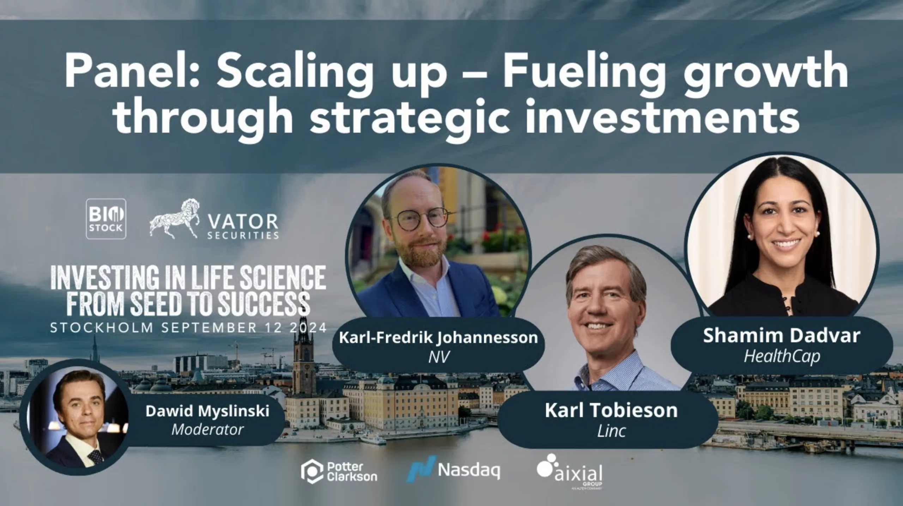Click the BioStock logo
[106, 219]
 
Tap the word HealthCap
[782, 356]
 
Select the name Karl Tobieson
[611, 410]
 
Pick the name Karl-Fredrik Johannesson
[438, 338]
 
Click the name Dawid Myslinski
[207, 411]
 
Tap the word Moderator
[207, 429]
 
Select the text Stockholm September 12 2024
[188, 328]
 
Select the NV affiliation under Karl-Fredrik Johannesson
[439, 357]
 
